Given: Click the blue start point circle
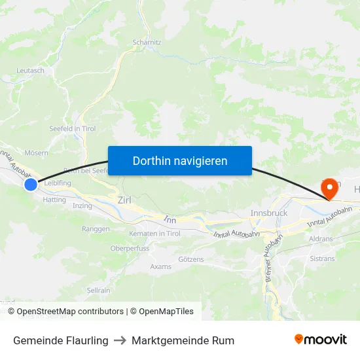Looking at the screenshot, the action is [31, 185].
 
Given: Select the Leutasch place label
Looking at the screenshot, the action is [30, 70].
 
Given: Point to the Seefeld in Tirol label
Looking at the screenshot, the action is [73, 128].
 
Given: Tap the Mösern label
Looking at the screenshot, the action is [36, 153].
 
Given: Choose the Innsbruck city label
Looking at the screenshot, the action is [269, 213].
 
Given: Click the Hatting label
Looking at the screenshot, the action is [54, 200].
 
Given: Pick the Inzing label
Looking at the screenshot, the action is [82, 206].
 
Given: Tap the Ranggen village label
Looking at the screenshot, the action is [96, 229].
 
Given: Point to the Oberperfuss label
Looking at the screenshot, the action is [130, 249].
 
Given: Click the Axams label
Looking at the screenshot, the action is [160, 266].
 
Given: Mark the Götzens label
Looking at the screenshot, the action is [191, 259].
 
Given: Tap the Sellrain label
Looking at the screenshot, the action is [98, 290].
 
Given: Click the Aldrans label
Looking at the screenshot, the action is [321, 240].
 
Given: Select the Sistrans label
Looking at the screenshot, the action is [322, 259].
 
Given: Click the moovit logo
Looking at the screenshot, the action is [321, 340].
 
